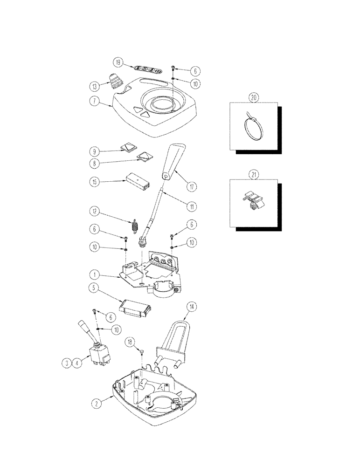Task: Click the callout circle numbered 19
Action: point(118,62)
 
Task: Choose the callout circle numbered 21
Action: point(254,175)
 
